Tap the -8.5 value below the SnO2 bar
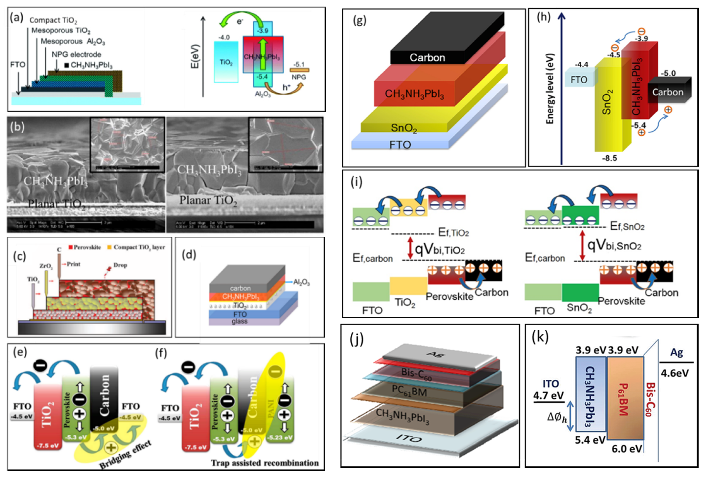pos(609,158)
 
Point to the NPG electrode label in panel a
pos(76,55)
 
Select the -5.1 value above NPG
pos(299,64)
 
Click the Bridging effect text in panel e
pos(125,455)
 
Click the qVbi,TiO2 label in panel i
pos(440,250)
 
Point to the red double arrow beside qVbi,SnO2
pos(582,245)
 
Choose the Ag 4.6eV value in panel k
pos(675,373)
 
